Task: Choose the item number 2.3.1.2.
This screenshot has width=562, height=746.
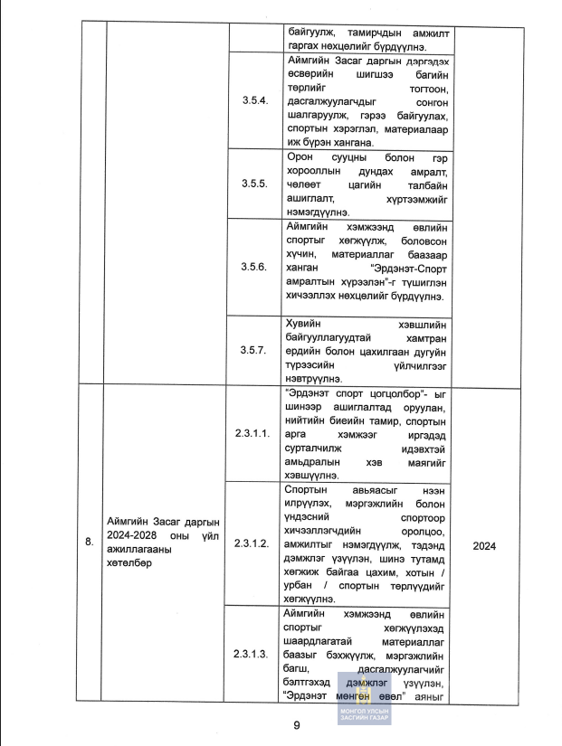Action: (252, 544)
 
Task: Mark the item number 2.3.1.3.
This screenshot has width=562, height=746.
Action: (252, 654)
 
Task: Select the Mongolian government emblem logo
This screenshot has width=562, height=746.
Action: (363, 692)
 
